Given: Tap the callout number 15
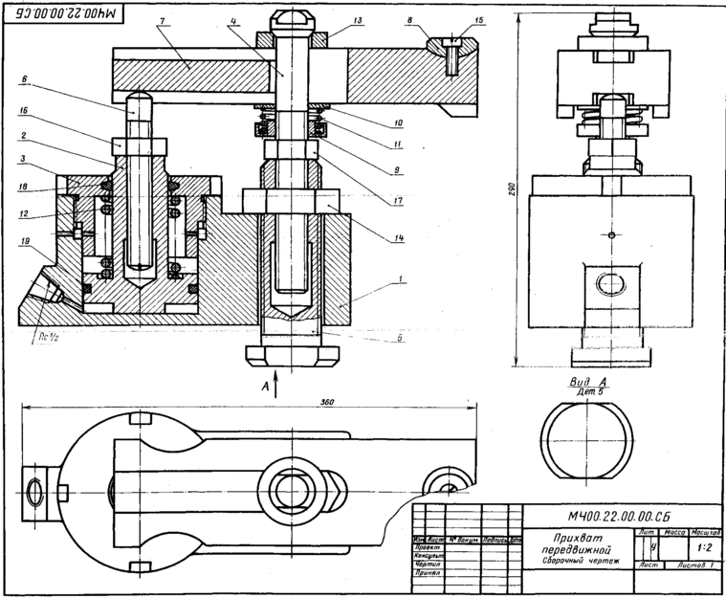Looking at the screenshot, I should click(479, 20).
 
